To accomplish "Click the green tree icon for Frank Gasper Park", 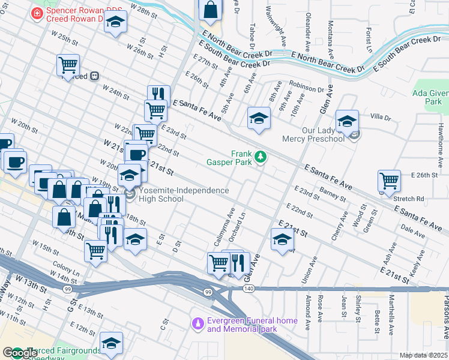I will pyautogui.click(x=260, y=157).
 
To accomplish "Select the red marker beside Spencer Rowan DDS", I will pyautogui.click(x=37, y=12).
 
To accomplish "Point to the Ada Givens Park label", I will pyautogui.click(x=430, y=97).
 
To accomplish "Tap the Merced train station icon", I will pyautogui.click(x=94, y=76).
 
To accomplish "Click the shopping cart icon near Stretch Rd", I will pyautogui.click(x=390, y=180).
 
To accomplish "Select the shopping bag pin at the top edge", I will pyautogui.click(x=211, y=10).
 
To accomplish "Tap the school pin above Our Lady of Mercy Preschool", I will pyautogui.click(x=347, y=121).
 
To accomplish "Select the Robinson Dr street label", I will pyautogui.click(x=306, y=88).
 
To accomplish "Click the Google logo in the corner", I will pyautogui.click(x=20, y=353).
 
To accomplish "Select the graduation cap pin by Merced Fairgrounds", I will pyautogui.click(x=111, y=343).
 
